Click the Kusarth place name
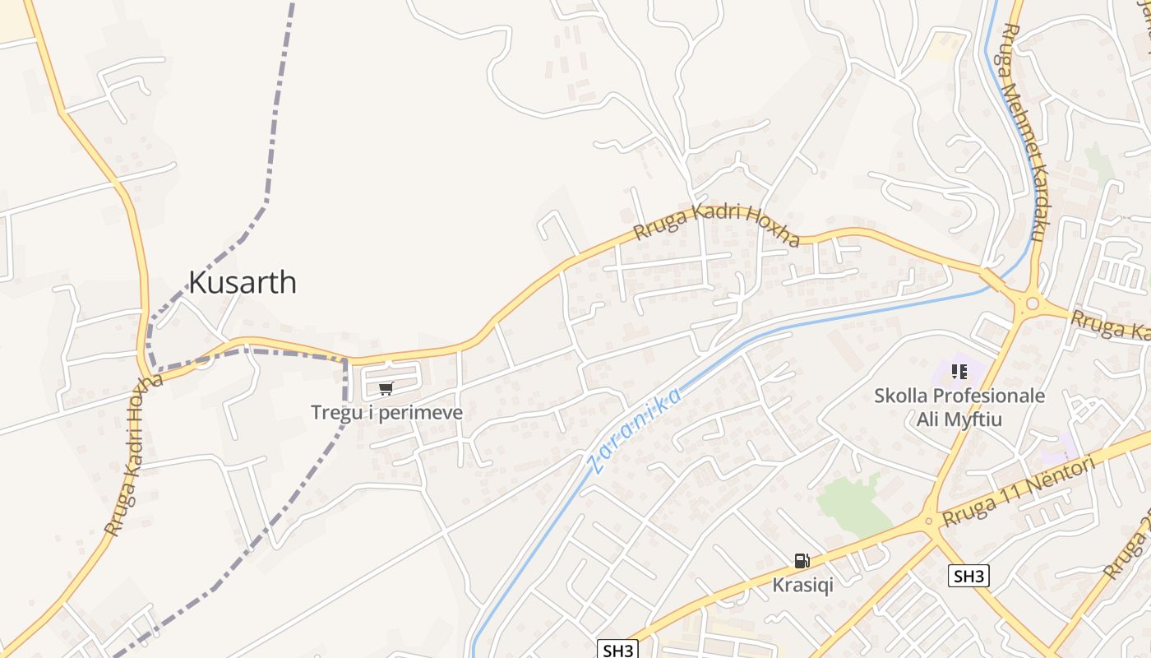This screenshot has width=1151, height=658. [243, 282]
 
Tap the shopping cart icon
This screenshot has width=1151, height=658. [386, 388]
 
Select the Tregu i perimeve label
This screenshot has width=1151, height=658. [386, 412]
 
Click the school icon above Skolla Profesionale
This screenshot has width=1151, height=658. [959, 372]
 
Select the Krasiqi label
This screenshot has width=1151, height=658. [802, 585]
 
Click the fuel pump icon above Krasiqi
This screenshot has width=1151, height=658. [802, 561]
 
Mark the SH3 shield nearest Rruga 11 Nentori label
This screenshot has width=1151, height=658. [968, 576]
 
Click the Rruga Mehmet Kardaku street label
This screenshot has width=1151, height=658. [1024, 132]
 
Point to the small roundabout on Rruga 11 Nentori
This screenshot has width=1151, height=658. [929, 520]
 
